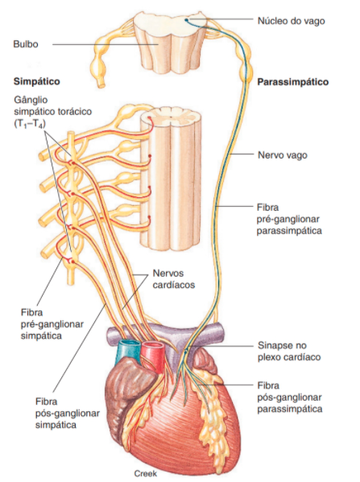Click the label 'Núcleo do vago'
click(291, 21)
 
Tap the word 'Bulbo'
click(26, 44)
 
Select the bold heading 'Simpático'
click(36, 81)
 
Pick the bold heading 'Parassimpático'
click(292, 82)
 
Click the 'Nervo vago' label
click(283, 155)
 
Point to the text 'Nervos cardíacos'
click(174, 278)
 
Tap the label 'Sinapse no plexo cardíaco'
click(289, 351)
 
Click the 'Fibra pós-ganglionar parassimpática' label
click(290, 398)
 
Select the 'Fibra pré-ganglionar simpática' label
click(52, 324)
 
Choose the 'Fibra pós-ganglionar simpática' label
click(68, 413)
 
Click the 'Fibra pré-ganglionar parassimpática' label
click(289, 219)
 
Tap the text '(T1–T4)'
click(30, 124)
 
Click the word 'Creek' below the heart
click(145, 473)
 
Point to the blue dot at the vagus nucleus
click(186, 21)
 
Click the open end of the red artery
click(153, 346)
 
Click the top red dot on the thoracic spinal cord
click(149, 118)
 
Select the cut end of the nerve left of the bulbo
click(101, 84)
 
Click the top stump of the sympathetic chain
click(71, 134)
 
